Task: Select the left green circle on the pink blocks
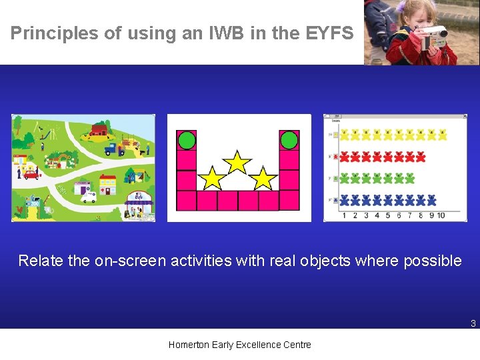(187, 140)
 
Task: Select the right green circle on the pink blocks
(289, 140)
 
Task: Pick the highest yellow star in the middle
(237, 162)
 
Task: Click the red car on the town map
(32, 175)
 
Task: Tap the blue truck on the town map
(114, 149)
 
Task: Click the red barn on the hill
(99, 129)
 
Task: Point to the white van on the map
(89, 197)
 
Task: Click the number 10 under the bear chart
(441, 215)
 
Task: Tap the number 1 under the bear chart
(344, 215)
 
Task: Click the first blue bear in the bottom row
(345, 199)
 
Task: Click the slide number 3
(473, 324)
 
